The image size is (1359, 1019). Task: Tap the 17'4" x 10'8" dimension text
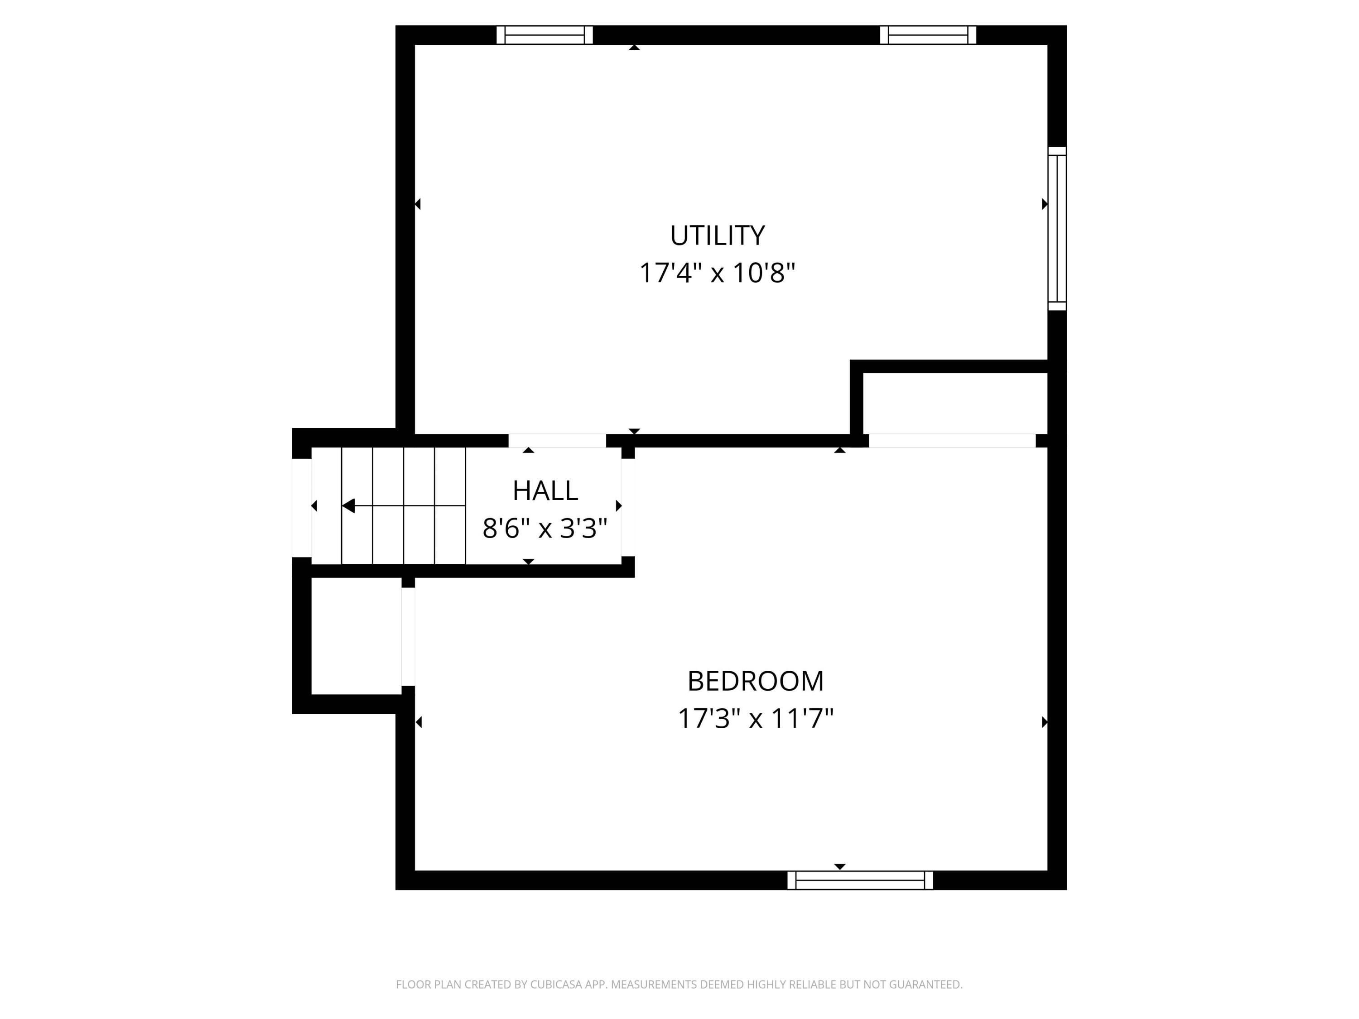point(717,273)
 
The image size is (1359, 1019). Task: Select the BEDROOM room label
point(755,681)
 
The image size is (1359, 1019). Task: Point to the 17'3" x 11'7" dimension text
point(755,718)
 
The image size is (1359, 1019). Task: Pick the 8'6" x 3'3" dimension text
point(545,528)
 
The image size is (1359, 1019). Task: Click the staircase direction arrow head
point(348,505)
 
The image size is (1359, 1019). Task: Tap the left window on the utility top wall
point(545,35)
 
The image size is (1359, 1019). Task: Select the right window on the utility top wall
point(928,35)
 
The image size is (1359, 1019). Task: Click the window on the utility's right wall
point(1057,229)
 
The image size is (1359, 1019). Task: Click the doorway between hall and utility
point(557,440)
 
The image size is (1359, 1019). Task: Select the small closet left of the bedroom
point(357,636)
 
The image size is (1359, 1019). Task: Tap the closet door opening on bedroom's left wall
point(408,636)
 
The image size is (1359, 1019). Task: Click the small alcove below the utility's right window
point(955,404)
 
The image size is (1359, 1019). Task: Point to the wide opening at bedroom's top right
point(952,440)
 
